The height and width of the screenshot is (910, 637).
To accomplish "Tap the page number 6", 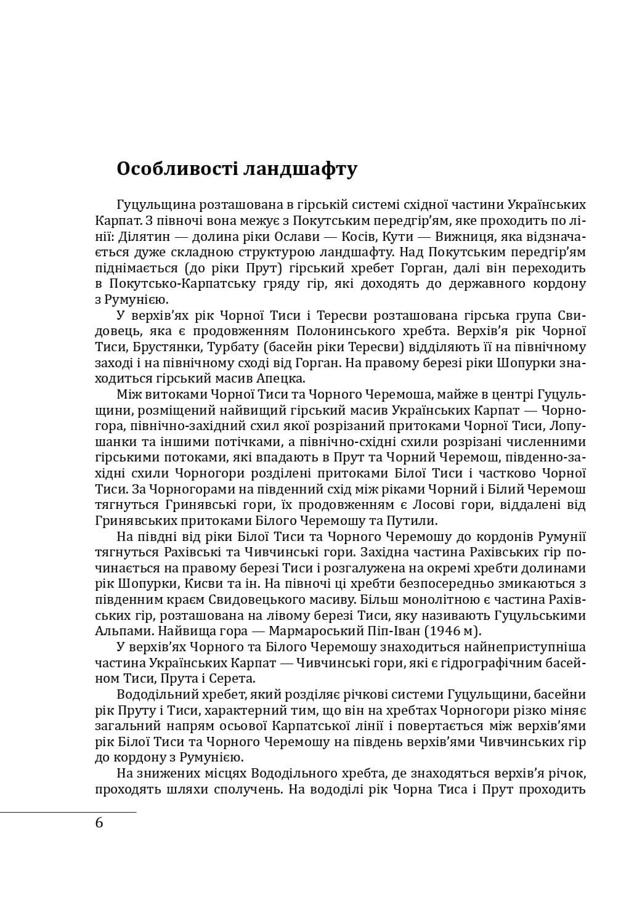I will pyautogui.click(x=100, y=823).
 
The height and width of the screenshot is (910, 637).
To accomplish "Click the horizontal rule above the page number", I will pyautogui.click(x=68, y=812).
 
